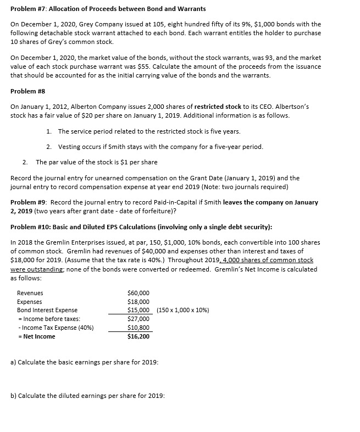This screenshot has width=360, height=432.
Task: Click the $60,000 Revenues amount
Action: tap(138, 293)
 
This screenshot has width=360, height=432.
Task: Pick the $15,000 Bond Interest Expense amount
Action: tap(138, 310)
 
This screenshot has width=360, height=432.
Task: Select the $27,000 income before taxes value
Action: tap(138, 319)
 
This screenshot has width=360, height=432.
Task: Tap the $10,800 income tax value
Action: tap(138, 328)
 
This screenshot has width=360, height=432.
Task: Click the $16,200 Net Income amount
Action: tap(138, 336)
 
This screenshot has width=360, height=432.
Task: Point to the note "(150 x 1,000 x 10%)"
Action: tap(182, 310)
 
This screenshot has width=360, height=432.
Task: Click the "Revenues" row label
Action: tap(30, 293)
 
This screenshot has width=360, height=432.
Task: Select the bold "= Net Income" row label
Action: tap(36, 336)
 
